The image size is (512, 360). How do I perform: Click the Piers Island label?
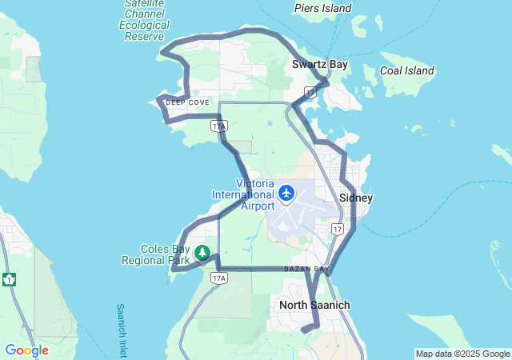pyautogui.click(x=322, y=8)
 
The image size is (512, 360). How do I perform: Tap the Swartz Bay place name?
pyautogui.click(x=319, y=65)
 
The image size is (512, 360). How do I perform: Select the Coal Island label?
pyautogui.click(x=406, y=70)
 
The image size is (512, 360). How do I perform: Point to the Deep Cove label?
pyautogui.click(x=187, y=102)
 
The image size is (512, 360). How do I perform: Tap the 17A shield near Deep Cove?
pyautogui.click(x=218, y=126)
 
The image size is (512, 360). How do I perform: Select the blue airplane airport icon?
pyautogui.click(x=287, y=193)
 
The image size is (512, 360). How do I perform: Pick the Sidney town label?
pyautogui.click(x=356, y=198)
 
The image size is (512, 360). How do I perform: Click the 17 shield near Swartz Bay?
pyautogui.click(x=310, y=93)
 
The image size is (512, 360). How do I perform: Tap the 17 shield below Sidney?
pyautogui.click(x=338, y=230)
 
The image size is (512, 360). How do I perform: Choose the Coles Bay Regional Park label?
pyautogui.click(x=155, y=254)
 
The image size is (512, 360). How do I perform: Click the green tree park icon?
pyautogui.click(x=203, y=253)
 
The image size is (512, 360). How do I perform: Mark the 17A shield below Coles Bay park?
pyautogui.click(x=218, y=278)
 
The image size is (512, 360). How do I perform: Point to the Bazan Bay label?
pyautogui.click(x=306, y=269)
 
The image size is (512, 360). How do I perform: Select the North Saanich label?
pyautogui.click(x=314, y=305)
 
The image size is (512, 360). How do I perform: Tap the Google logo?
pyautogui.click(x=26, y=350)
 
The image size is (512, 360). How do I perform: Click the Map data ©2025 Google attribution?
pyautogui.click(x=462, y=354)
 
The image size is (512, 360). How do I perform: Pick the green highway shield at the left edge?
pyautogui.click(x=10, y=279)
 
